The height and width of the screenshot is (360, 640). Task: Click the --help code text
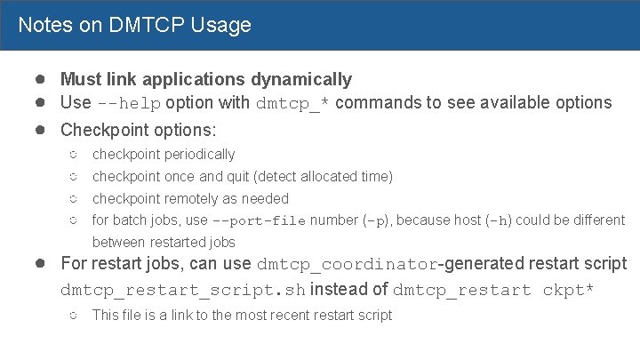[129, 103]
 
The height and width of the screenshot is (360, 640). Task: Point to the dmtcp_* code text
[292, 103]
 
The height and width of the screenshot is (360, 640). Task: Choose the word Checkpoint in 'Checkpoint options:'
[101, 130]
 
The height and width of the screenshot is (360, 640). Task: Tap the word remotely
[187, 198]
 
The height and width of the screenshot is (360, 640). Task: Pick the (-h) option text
[500, 220]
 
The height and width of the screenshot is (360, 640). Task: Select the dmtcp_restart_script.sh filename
[183, 291]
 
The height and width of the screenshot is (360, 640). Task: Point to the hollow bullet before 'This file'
[74, 316]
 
